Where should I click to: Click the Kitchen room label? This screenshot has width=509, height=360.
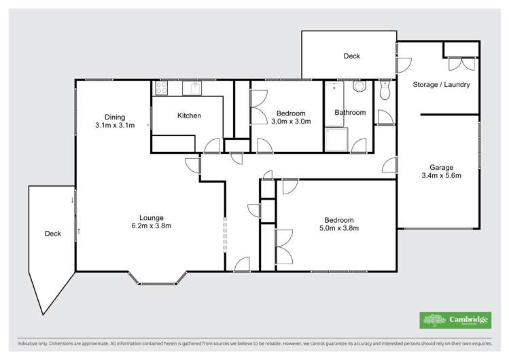click(x=189, y=115)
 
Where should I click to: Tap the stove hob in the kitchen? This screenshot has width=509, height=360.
click(x=162, y=88)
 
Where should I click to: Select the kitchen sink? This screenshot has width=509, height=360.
click(x=192, y=88)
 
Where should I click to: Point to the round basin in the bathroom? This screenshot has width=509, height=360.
click(x=359, y=87)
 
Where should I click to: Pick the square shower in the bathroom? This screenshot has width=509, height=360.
click(x=336, y=141)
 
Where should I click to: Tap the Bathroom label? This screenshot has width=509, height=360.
click(x=350, y=113)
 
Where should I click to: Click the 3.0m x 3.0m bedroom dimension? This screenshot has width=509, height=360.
click(x=291, y=122)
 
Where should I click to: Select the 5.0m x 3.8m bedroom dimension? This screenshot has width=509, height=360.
click(x=338, y=229)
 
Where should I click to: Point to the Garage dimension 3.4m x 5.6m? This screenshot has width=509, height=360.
click(x=441, y=176)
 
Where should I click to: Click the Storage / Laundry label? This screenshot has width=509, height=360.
click(x=441, y=85)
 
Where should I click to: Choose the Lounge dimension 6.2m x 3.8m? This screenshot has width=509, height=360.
click(x=152, y=226)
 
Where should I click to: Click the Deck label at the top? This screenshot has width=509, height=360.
click(x=351, y=56)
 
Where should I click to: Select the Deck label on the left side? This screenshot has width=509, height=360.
click(x=53, y=234)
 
